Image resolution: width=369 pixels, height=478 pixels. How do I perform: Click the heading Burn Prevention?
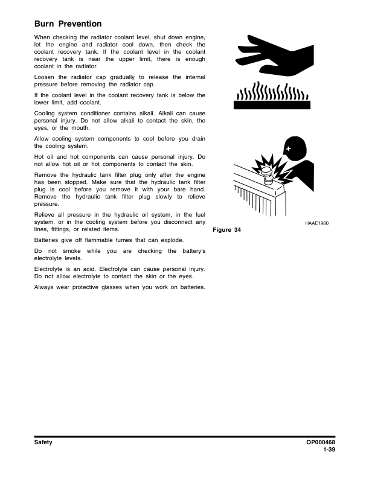[68, 24]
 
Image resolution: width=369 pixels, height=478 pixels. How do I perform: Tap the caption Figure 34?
[227, 230]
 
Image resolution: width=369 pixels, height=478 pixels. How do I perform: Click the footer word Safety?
[43, 442]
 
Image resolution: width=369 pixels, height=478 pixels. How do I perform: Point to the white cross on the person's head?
[289, 148]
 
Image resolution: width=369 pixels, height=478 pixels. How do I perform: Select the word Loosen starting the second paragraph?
[46, 77]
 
